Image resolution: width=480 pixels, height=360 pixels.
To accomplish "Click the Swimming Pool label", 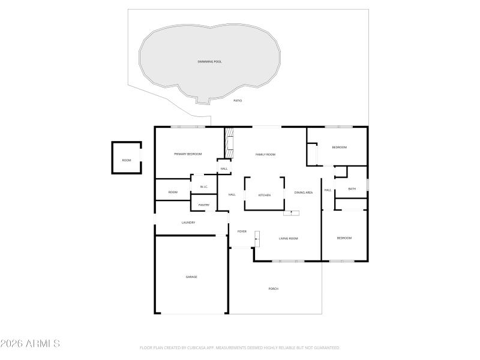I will pyautogui.click(x=209, y=62).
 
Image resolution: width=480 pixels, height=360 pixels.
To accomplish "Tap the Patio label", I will pyautogui.click(x=238, y=100).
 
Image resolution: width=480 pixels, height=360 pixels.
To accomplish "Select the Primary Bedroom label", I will pyautogui.click(x=188, y=154).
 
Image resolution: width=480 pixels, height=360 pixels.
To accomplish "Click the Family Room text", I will pyautogui.click(x=265, y=155).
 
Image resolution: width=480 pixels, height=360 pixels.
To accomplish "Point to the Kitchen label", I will pyautogui.click(x=265, y=195).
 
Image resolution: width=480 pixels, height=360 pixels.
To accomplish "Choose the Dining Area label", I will pyautogui.click(x=304, y=193).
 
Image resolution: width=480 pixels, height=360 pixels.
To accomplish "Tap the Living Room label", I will pyautogui.click(x=288, y=238).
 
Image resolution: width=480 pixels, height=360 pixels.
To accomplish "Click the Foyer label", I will pyautogui.click(x=242, y=231).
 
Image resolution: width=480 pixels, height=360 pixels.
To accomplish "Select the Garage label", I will pyautogui.click(x=191, y=277).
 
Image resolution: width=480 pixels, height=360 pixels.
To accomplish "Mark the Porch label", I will pyautogui.click(x=273, y=289).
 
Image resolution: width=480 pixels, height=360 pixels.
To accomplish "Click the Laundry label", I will pyautogui.click(x=188, y=223).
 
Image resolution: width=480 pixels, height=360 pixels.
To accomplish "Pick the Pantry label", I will pyautogui.click(x=204, y=205).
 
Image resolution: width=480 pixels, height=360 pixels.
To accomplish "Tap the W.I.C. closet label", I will pyautogui.click(x=203, y=187).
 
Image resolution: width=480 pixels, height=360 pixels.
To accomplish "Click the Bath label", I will pyautogui.click(x=352, y=189).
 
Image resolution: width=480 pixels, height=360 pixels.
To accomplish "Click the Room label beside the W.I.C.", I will pyautogui.click(x=173, y=192).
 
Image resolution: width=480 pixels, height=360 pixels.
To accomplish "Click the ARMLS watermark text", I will pyautogui.click(x=30, y=344).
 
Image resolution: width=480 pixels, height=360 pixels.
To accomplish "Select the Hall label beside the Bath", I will pyautogui.click(x=328, y=190).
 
